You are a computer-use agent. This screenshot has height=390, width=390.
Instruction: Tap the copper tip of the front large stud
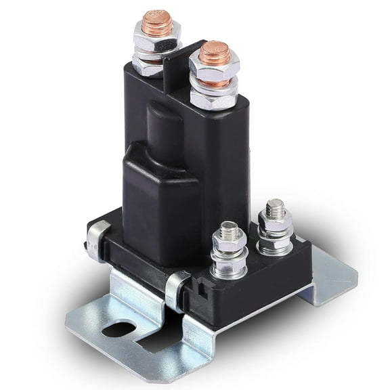(215, 52)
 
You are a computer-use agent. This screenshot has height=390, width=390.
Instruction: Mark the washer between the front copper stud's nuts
(214, 85)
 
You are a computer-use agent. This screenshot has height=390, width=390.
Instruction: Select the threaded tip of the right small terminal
(274, 207)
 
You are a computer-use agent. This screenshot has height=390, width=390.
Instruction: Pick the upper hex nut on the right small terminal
(275, 221)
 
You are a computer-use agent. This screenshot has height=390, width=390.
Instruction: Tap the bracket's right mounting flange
(332, 274)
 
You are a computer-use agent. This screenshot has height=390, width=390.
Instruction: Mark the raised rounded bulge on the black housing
(159, 190)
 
